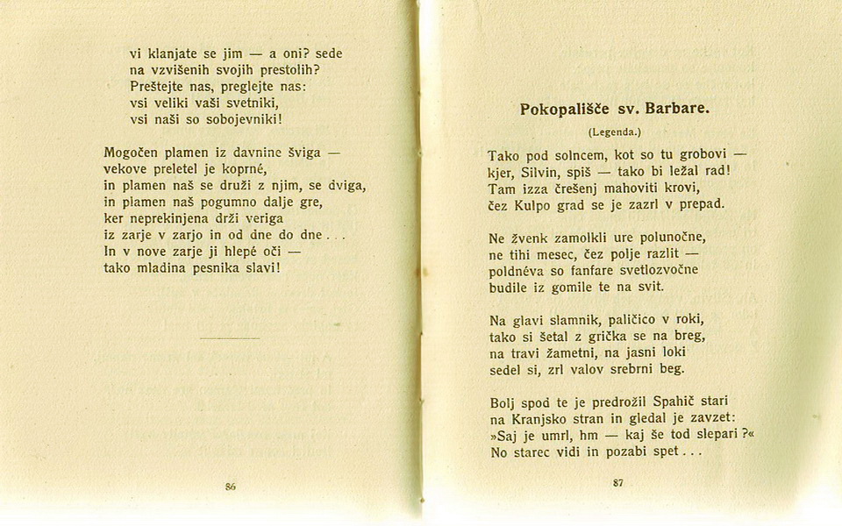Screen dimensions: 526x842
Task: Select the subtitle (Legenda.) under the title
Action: click(615, 132)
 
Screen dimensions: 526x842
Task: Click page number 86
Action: click(231, 486)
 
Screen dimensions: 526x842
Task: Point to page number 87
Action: click(618, 483)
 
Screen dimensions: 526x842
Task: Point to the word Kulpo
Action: click(531, 204)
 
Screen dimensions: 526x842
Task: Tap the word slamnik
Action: click(558, 320)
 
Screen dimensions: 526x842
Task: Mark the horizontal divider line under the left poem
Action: click(230, 338)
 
